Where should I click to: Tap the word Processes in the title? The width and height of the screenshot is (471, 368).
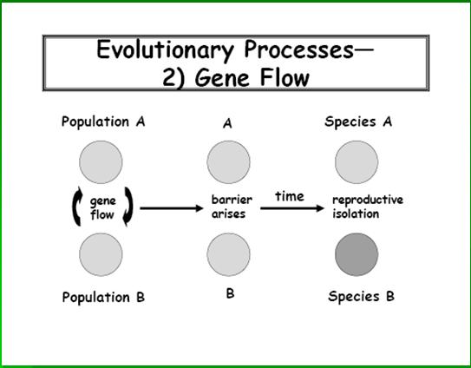[299, 49]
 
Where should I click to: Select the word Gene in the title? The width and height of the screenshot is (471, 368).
[223, 77]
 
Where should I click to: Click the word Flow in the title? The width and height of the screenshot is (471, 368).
[285, 77]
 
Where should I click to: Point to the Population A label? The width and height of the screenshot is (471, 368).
[103, 122]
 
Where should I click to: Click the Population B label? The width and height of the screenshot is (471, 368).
[103, 297]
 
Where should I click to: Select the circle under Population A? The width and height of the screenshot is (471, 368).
[101, 162]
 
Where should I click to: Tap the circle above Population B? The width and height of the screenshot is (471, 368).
[101, 254]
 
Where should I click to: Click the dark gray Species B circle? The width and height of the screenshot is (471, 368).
[357, 254]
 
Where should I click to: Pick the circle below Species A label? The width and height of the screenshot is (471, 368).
[357, 162]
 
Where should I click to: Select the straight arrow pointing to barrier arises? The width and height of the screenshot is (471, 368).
[172, 208]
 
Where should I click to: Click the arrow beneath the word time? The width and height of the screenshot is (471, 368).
[292, 208]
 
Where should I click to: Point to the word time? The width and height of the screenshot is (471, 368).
[290, 196]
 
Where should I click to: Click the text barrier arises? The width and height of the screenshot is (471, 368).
[232, 207]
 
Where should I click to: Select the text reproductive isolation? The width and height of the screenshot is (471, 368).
[368, 207]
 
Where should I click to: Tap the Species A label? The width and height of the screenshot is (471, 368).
[358, 122]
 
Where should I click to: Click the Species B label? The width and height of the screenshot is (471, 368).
[361, 297]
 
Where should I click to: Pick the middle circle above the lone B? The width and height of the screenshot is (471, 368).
[229, 254]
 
